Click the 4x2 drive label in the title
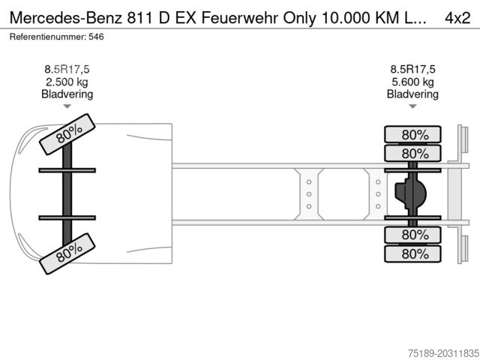pyautogui.click(x=457, y=18)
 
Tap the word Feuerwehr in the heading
pyautogui.click(x=240, y=18)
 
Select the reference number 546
pyautogui.click(x=96, y=37)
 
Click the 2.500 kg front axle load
pyautogui.click(x=67, y=82)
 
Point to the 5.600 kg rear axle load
pyautogui.click(x=412, y=82)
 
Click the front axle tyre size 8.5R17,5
pyautogui.click(x=67, y=70)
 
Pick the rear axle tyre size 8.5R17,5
pyautogui.click(x=412, y=70)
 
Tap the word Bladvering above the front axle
pyautogui.click(x=67, y=94)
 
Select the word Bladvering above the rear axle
pyautogui.click(x=412, y=94)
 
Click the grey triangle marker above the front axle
pyautogui.click(x=67, y=106)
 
